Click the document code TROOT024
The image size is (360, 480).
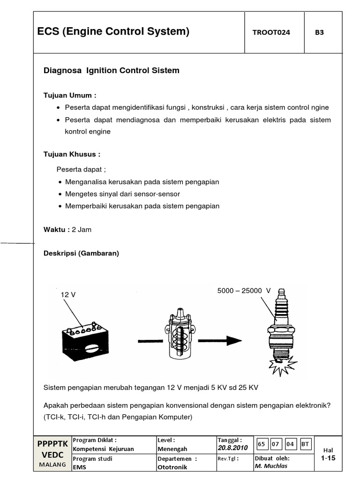point(271,32)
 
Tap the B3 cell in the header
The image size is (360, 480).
point(320,32)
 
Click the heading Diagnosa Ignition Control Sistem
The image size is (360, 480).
point(111,71)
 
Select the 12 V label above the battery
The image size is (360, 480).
point(68,294)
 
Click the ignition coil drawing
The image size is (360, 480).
point(180,336)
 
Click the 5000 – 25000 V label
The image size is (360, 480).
point(244,291)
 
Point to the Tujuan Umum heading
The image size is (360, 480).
point(69,95)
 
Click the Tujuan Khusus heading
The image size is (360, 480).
point(72,154)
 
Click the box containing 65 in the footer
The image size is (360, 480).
point(262,443)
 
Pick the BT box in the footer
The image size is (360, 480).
point(306,443)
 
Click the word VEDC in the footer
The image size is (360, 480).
point(52,454)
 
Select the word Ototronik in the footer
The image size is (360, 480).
point(172,467)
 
